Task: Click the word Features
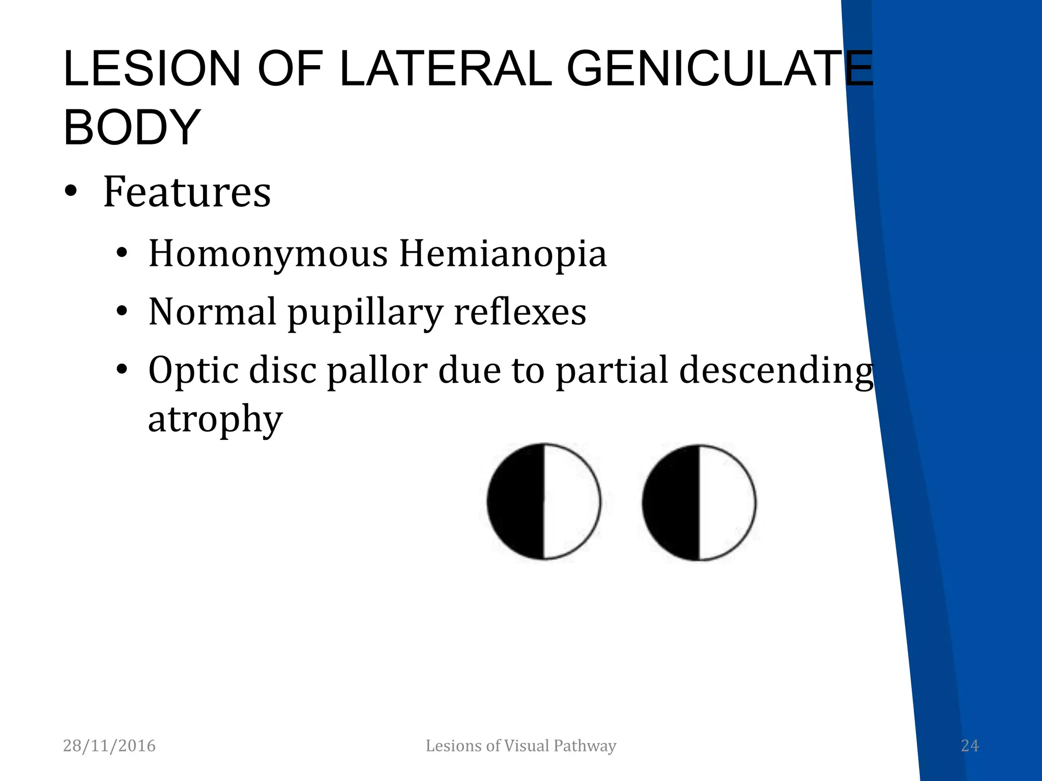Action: point(187,192)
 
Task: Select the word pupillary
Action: point(365,312)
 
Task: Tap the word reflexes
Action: point(519,312)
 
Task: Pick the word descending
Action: point(776,370)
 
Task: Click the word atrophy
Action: point(215,419)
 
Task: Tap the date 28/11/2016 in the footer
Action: point(109,746)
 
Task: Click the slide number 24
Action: point(969,746)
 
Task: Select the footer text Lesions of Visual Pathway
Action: point(520,746)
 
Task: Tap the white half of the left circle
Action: point(571,501)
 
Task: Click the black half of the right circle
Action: point(670,502)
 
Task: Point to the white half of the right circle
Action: point(727,502)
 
